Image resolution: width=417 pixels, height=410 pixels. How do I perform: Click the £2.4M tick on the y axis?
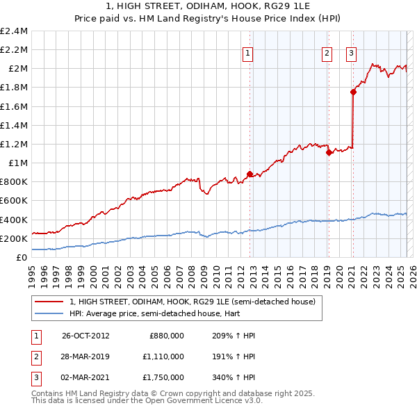pyautogui.click(x=15, y=31)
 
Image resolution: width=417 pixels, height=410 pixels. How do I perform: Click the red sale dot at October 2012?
pyautogui.click(x=250, y=174)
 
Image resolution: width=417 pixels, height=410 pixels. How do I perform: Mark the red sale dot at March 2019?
pyautogui.click(x=329, y=153)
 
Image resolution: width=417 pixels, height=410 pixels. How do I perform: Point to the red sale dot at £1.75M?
pyautogui.click(x=353, y=92)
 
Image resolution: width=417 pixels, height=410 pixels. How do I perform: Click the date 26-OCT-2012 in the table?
pyautogui.click(x=85, y=335)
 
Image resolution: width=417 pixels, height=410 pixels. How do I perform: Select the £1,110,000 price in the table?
pyautogui.click(x=166, y=356)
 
